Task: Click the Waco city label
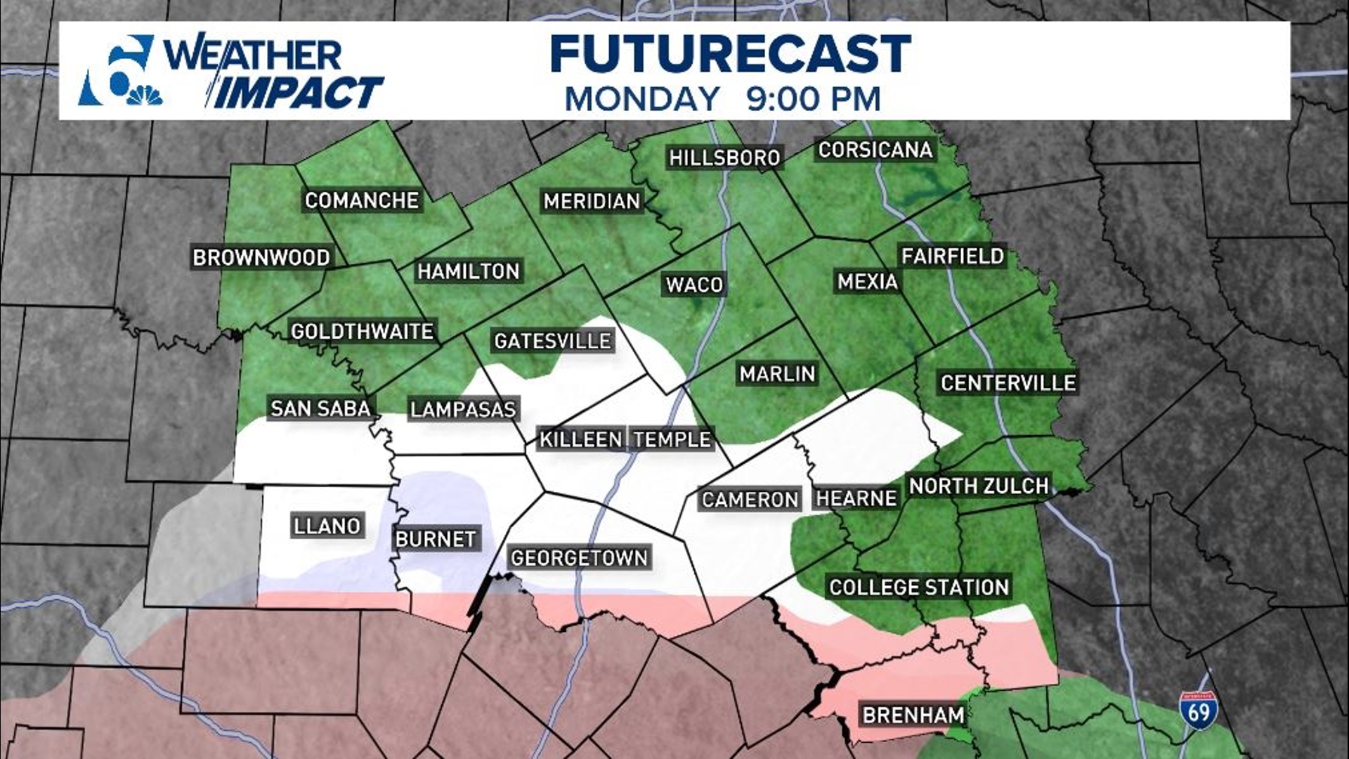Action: click(x=694, y=285)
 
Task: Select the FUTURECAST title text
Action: click(x=730, y=54)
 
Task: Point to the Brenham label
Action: click(x=913, y=715)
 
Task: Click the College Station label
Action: click(x=918, y=588)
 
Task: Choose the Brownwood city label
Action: click(x=261, y=258)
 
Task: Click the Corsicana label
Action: click(x=875, y=150)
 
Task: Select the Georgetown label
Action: click(x=579, y=558)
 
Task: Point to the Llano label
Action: click(x=327, y=526)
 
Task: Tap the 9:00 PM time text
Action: click(x=813, y=99)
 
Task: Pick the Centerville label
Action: click(x=1008, y=383)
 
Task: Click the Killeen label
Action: click(x=580, y=440)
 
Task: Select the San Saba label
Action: click(x=320, y=408)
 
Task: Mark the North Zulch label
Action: click(x=978, y=486)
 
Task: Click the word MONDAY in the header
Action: click(x=642, y=99)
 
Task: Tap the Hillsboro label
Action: click(x=724, y=157)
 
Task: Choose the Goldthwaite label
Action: click(x=362, y=331)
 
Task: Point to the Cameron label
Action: click(x=750, y=500)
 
